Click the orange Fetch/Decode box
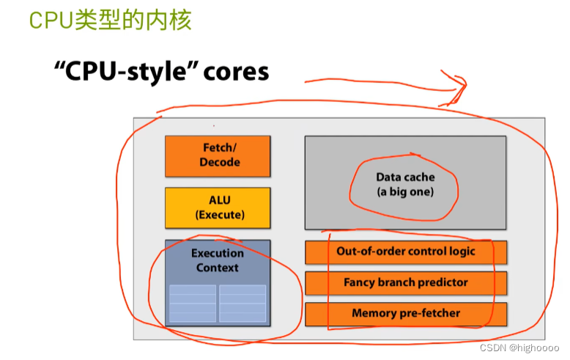(x=218, y=155)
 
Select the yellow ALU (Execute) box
(x=218, y=207)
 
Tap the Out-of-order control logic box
(x=405, y=251)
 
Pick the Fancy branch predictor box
(x=405, y=282)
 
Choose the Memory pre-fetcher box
(x=405, y=313)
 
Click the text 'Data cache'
(x=405, y=177)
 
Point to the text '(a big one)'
(x=405, y=192)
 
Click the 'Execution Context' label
(x=218, y=260)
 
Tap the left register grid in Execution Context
(x=193, y=304)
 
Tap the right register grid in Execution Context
(x=243, y=304)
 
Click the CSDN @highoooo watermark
(x=522, y=349)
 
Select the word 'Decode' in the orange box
(x=219, y=162)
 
